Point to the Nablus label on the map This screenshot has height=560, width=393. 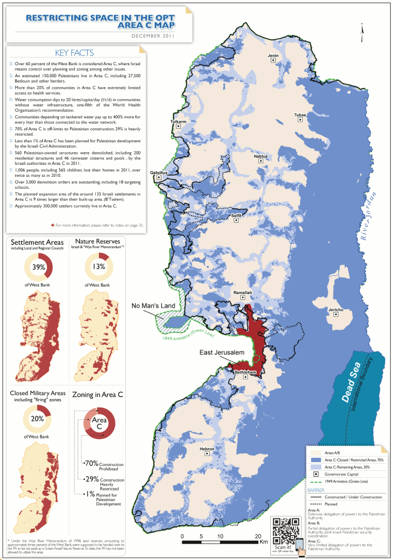click(261, 157)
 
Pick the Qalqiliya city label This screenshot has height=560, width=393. click(159, 172)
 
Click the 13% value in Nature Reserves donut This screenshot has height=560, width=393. click(99, 267)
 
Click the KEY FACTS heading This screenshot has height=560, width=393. click(75, 53)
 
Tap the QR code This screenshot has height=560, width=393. click(284, 529)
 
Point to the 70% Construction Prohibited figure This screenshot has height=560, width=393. click(91, 463)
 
